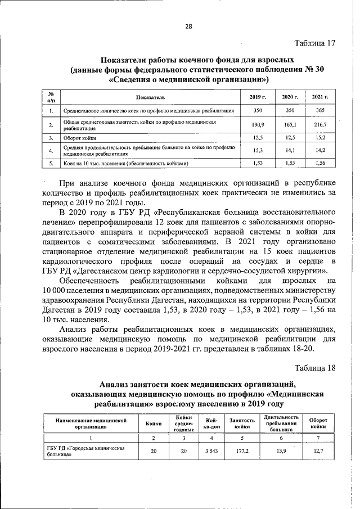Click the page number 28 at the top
click(188, 26)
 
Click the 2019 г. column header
click(258, 97)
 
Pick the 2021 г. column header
click(320, 97)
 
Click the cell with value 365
click(320, 111)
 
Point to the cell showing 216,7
click(320, 124)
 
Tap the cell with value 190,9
click(258, 124)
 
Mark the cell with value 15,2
click(320, 137)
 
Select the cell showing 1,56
click(320, 163)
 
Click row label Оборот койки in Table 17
click(80, 138)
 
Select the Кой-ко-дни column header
click(211, 423)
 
